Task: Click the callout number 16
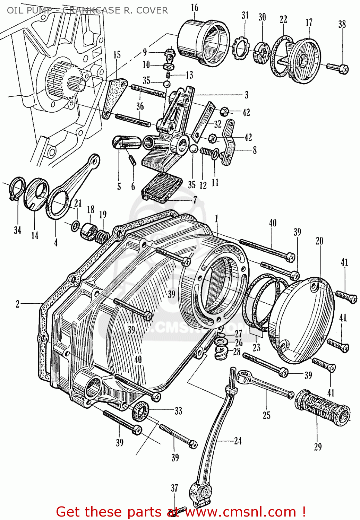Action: (x=195, y=7)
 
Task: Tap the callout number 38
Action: (x=342, y=24)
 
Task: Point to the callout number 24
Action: (x=238, y=441)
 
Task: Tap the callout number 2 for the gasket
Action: (x=18, y=304)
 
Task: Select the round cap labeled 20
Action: (x=305, y=319)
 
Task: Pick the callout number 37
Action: (x=174, y=488)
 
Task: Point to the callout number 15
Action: (x=117, y=55)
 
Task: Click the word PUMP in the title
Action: (x=38, y=10)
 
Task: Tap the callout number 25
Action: (x=266, y=415)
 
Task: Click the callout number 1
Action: (x=216, y=219)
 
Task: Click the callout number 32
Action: (x=217, y=124)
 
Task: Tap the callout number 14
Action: (x=35, y=236)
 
